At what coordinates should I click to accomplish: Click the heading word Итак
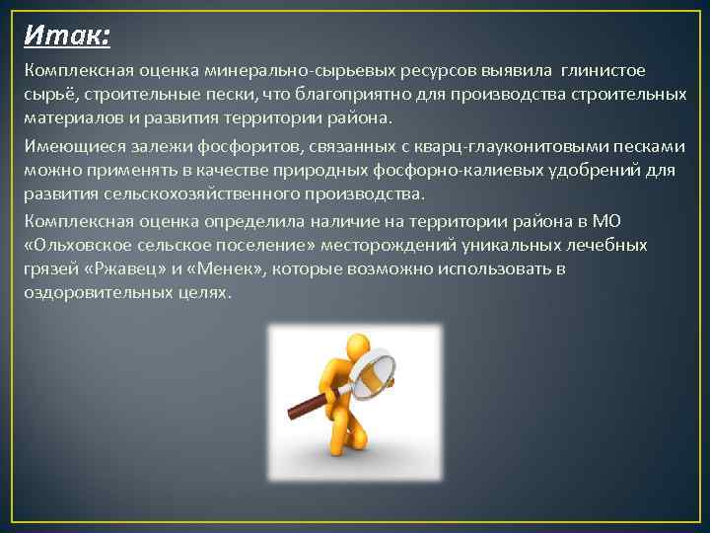(x=66, y=36)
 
